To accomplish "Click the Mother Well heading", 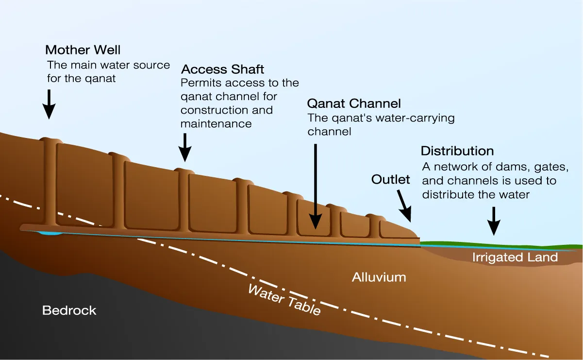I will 83,50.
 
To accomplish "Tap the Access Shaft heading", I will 223,69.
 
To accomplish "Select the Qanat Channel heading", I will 354,103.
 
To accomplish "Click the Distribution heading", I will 457,151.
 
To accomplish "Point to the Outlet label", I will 390,179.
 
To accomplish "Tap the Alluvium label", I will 379,277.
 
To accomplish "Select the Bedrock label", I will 69,310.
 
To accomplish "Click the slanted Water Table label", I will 284,300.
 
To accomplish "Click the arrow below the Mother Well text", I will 49,104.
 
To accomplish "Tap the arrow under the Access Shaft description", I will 184,147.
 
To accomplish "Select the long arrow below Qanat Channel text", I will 316,185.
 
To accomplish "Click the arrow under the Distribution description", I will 494,221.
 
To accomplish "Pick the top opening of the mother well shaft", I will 51,140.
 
